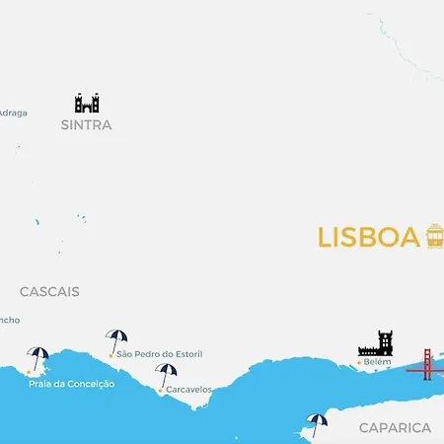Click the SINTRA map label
[x=87, y=125]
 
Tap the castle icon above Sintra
[x=87, y=103]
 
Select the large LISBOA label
[x=369, y=239]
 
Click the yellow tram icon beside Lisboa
[x=434, y=236]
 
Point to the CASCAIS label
[x=49, y=292]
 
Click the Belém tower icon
[x=376, y=343]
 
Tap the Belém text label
[x=378, y=362]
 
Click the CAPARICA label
[x=395, y=428]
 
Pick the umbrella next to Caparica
[x=316, y=424]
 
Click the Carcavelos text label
[x=188, y=390]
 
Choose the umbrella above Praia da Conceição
[x=38, y=357]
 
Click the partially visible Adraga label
[x=13, y=112]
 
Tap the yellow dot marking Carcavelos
[x=160, y=390]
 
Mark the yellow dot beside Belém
[x=358, y=363]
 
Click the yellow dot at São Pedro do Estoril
[x=111, y=354]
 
